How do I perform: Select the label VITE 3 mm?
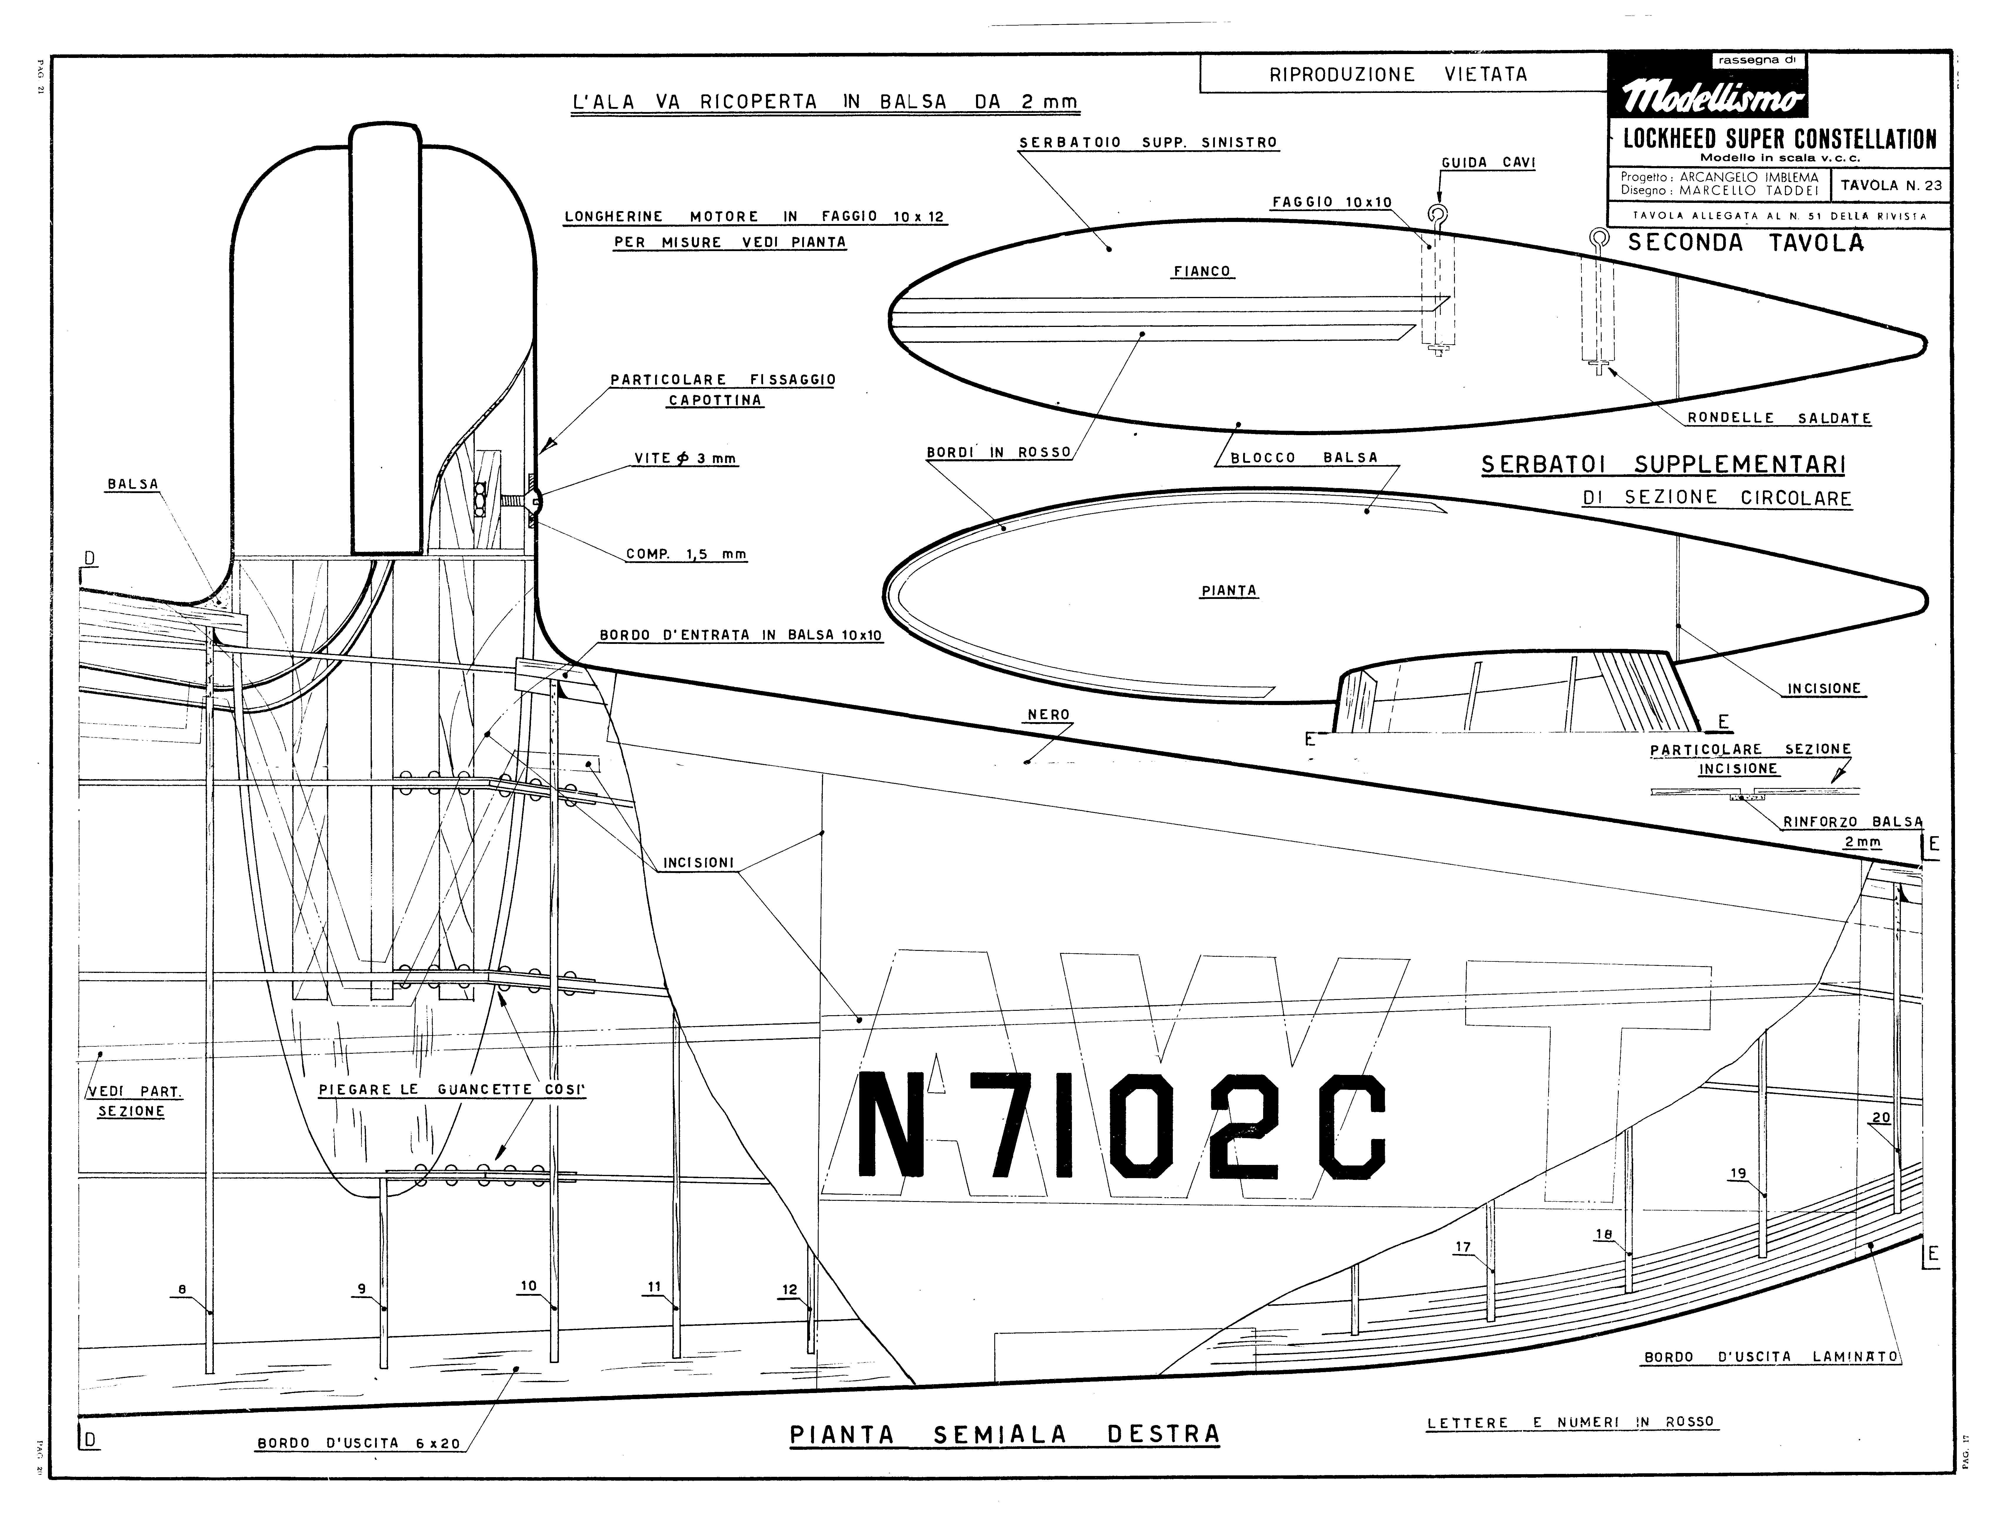(x=685, y=459)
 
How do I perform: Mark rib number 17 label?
(x=1463, y=1248)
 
